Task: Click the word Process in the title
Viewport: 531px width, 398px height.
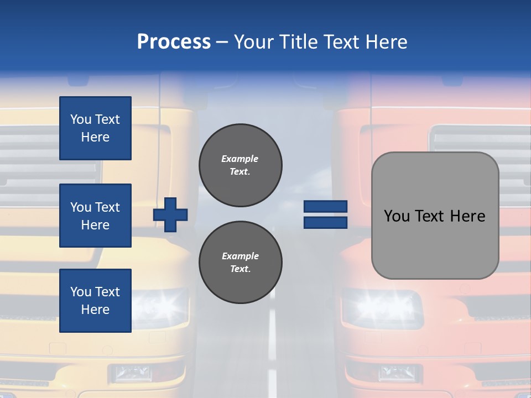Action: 174,41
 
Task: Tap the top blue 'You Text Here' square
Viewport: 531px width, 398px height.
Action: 95,128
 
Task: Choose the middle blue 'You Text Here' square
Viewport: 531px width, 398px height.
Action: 95,216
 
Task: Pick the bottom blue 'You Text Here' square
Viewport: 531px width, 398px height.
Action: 95,301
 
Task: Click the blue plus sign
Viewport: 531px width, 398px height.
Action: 170,214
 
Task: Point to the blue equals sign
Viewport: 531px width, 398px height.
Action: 325,214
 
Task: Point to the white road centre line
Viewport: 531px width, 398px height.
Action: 272,343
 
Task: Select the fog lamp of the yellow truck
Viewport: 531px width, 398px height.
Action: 132,374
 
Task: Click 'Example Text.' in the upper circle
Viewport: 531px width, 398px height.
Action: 240,165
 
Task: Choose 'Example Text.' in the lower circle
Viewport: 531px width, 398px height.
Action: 240,262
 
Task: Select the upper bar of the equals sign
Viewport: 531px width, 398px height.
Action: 325,207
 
